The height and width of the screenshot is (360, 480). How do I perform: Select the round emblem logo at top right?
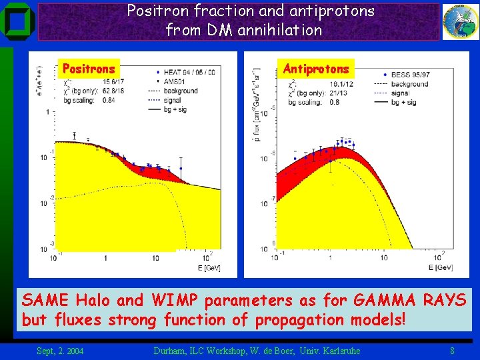(x=460, y=21)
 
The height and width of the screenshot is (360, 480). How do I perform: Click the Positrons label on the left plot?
(x=89, y=69)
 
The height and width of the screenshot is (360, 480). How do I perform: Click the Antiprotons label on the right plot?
(x=316, y=69)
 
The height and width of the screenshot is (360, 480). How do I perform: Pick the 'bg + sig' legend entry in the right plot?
(x=408, y=102)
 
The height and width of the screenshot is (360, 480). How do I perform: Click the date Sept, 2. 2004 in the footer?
(x=60, y=350)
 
